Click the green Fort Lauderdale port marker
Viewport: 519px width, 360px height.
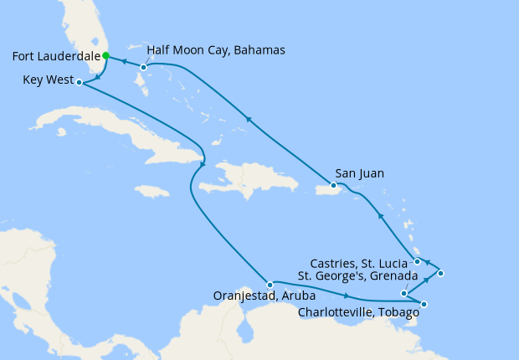(105, 56)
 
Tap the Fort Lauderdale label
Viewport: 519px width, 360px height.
(53, 57)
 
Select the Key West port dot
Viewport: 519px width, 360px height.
(79, 82)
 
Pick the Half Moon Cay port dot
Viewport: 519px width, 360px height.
(144, 67)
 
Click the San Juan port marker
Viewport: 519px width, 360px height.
(333, 185)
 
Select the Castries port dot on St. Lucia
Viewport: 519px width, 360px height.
(418, 262)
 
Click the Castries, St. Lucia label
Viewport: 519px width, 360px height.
(355, 262)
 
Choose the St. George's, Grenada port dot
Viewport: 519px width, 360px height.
(404, 293)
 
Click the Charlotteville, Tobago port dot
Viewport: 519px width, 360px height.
(424, 304)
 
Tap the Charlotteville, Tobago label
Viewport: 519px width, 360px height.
(359, 313)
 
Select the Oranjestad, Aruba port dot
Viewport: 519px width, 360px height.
(270, 285)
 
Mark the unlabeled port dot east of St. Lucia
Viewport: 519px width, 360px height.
(440, 273)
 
